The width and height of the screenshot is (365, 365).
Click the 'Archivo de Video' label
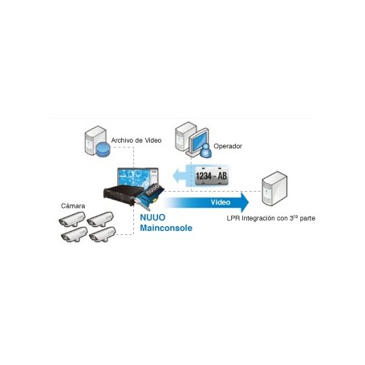tap(136, 140)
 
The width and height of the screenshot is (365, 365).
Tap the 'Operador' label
tap(228, 146)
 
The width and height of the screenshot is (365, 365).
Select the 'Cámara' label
tap(73, 206)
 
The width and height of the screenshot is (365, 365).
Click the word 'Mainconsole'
tap(166, 228)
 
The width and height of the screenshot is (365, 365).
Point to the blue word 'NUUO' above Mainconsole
tap(152, 217)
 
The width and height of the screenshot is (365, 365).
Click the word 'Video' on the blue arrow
tap(221, 202)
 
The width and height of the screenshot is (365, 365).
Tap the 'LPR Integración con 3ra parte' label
tap(271, 218)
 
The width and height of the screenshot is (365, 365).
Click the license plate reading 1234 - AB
tap(211, 176)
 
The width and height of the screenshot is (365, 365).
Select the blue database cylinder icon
tap(103, 149)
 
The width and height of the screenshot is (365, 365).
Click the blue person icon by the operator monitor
tap(205, 150)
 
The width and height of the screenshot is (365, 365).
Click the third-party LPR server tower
tap(274, 189)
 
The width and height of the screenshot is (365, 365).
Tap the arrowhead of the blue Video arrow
tap(245, 202)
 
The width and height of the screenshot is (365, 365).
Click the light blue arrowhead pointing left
tap(176, 176)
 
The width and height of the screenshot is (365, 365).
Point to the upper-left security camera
tap(72, 219)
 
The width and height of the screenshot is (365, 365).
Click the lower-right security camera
tap(103, 235)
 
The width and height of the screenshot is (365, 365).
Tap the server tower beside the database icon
tap(94, 140)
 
